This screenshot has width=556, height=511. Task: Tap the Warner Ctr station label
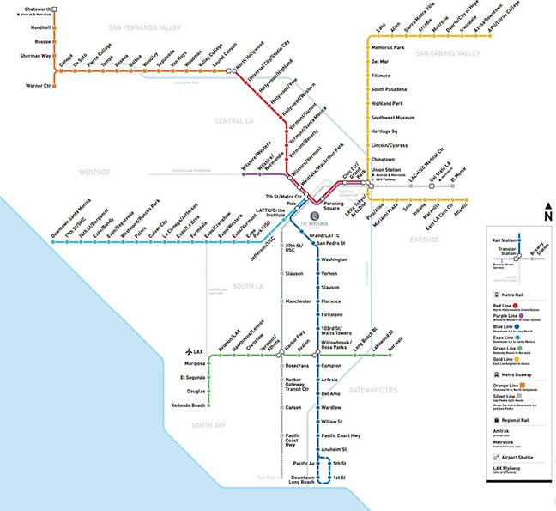pos(39,86)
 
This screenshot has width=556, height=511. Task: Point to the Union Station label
pos(386,169)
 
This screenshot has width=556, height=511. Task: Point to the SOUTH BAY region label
pos(208,425)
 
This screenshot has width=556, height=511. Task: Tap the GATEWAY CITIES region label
pos(373,391)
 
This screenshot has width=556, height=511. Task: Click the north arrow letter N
pos(547,216)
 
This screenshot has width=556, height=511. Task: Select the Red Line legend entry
pos(506,305)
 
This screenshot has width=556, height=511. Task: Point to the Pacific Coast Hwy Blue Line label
pos(341,435)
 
